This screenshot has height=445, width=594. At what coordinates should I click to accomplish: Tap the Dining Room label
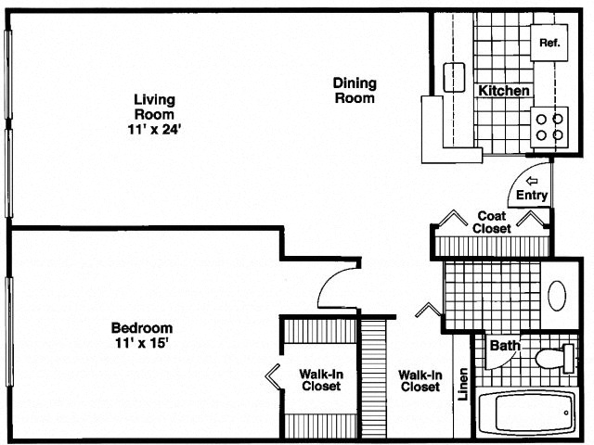click(354, 90)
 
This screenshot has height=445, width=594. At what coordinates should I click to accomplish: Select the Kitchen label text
click(504, 91)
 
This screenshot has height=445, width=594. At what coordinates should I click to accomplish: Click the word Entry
click(533, 196)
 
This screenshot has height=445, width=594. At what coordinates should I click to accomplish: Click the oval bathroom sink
click(557, 295)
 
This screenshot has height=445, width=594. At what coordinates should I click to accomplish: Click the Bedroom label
click(142, 328)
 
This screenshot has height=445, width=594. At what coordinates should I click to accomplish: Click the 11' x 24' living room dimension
click(154, 129)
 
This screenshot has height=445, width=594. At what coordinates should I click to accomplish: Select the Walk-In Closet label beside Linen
click(420, 381)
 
